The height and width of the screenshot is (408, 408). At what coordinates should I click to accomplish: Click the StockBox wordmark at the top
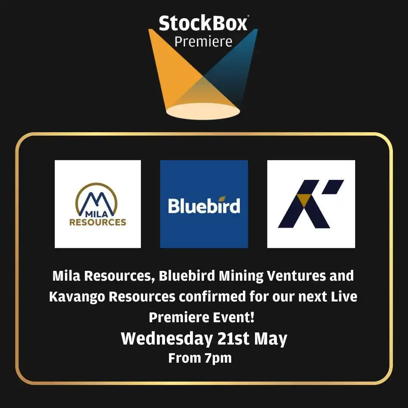click(203, 23)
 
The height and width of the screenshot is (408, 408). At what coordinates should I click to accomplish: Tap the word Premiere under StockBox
click(203, 42)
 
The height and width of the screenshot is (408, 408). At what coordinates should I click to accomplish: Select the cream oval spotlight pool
click(203, 111)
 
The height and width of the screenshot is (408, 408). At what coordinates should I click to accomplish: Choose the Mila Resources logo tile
click(98, 204)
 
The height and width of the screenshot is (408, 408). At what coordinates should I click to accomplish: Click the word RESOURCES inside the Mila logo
click(98, 222)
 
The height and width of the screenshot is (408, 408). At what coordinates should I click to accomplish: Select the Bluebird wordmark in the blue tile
click(204, 206)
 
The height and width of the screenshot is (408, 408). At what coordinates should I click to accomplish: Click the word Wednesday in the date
click(166, 338)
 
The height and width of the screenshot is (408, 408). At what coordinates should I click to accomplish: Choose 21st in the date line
click(233, 338)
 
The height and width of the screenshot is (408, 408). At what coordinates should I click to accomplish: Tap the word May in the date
click(270, 338)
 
